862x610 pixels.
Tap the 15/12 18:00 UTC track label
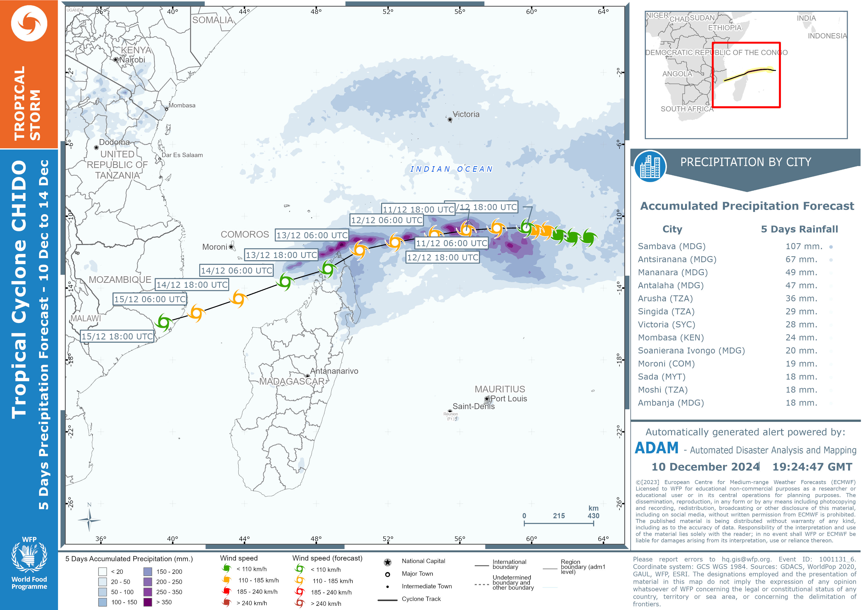click(x=117, y=336)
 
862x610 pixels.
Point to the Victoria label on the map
click(x=466, y=114)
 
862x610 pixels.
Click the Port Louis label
click(x=509, y=398)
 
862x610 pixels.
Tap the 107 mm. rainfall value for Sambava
click(x=804, y=246)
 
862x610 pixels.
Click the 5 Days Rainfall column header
click(x=799, y=229)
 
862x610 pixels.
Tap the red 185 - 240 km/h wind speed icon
click(x=226, y=592)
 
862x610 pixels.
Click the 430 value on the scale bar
click(x=593, y=516)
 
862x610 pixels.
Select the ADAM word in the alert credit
click(x=656, y=448)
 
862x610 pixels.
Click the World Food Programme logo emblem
click(x=29, y=556)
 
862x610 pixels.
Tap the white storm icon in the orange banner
click(x=29, y=23)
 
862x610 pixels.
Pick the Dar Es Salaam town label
click(x=182, y=155)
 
